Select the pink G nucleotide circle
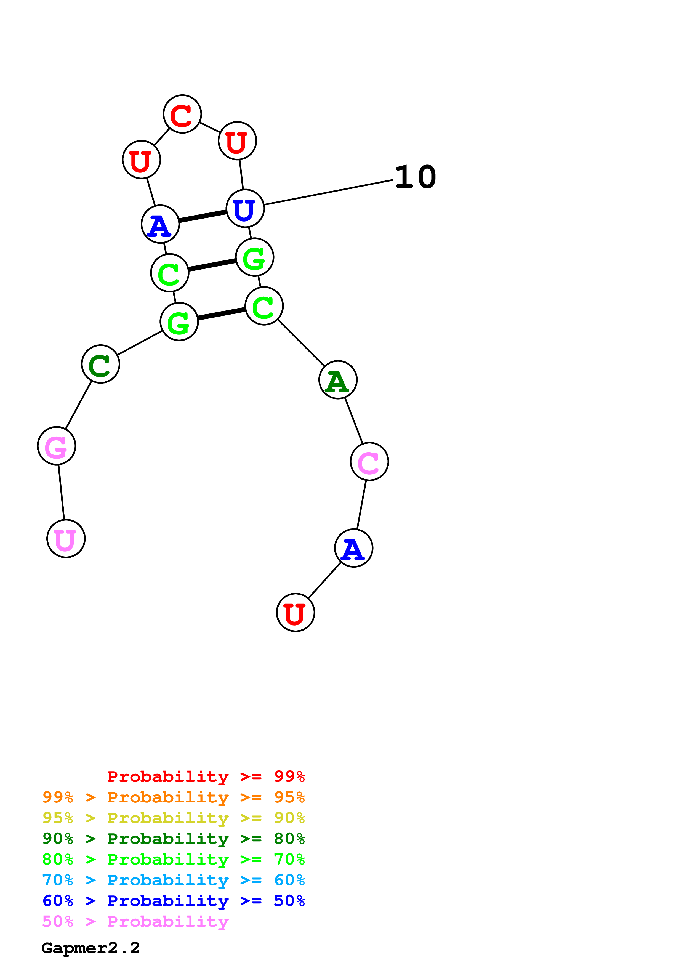click(x=57, y=446)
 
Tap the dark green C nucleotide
click(x=101, y=364)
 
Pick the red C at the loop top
click(x=182, y=114)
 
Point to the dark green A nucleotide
click(x=338, y=380)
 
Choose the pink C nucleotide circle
click(x=369, y=462)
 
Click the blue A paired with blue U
click(x=160, y=224)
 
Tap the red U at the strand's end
click(x=296, y=613)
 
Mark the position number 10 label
click(x=416, y=177)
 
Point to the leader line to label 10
click(x=329, y=192)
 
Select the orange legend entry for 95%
click(x=174, y=797)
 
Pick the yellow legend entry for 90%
click(x=174, y=818)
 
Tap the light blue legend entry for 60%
click(x=174, y=880)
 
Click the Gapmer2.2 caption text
click(x=91, y=948)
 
